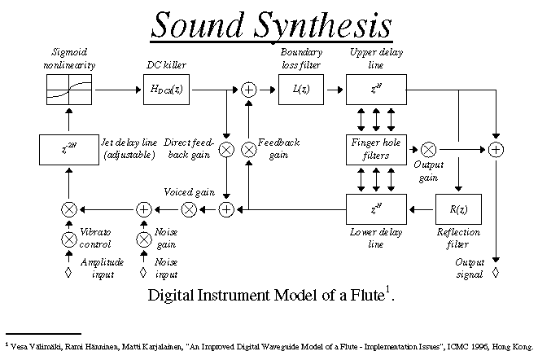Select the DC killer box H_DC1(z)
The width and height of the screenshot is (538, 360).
167,89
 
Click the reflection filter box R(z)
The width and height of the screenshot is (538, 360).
461,209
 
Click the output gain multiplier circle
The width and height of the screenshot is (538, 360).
429,149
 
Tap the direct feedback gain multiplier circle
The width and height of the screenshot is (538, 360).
227,149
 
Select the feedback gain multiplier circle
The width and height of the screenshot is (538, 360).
249,149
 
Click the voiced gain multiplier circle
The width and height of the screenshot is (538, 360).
189,209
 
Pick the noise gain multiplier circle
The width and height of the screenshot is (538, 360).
143,239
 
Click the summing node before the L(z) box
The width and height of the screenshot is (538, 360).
249,89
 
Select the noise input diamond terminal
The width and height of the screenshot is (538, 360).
143,271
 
